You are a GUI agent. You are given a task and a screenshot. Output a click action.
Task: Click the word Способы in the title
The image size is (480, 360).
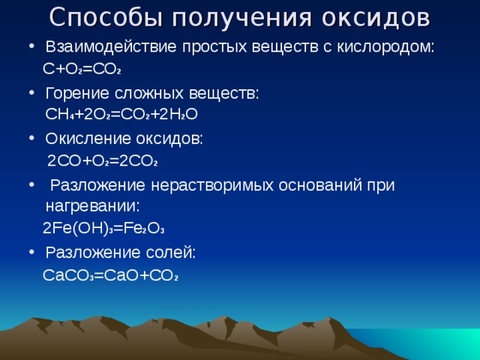100,16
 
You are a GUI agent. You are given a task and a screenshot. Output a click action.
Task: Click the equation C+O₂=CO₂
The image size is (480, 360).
82,70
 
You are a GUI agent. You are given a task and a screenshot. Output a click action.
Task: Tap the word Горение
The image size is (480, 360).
78,93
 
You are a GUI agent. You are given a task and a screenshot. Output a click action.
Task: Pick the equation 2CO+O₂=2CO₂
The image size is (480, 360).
102,161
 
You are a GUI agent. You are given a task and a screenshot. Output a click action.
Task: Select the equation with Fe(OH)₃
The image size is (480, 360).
103,228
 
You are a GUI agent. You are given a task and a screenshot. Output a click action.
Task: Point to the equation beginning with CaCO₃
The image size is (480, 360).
111,275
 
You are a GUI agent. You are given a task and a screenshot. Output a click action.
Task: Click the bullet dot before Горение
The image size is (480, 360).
31,94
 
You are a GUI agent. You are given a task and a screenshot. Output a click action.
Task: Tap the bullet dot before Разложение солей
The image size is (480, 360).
31,253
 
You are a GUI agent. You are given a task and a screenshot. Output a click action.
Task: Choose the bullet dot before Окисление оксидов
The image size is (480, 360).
31,139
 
